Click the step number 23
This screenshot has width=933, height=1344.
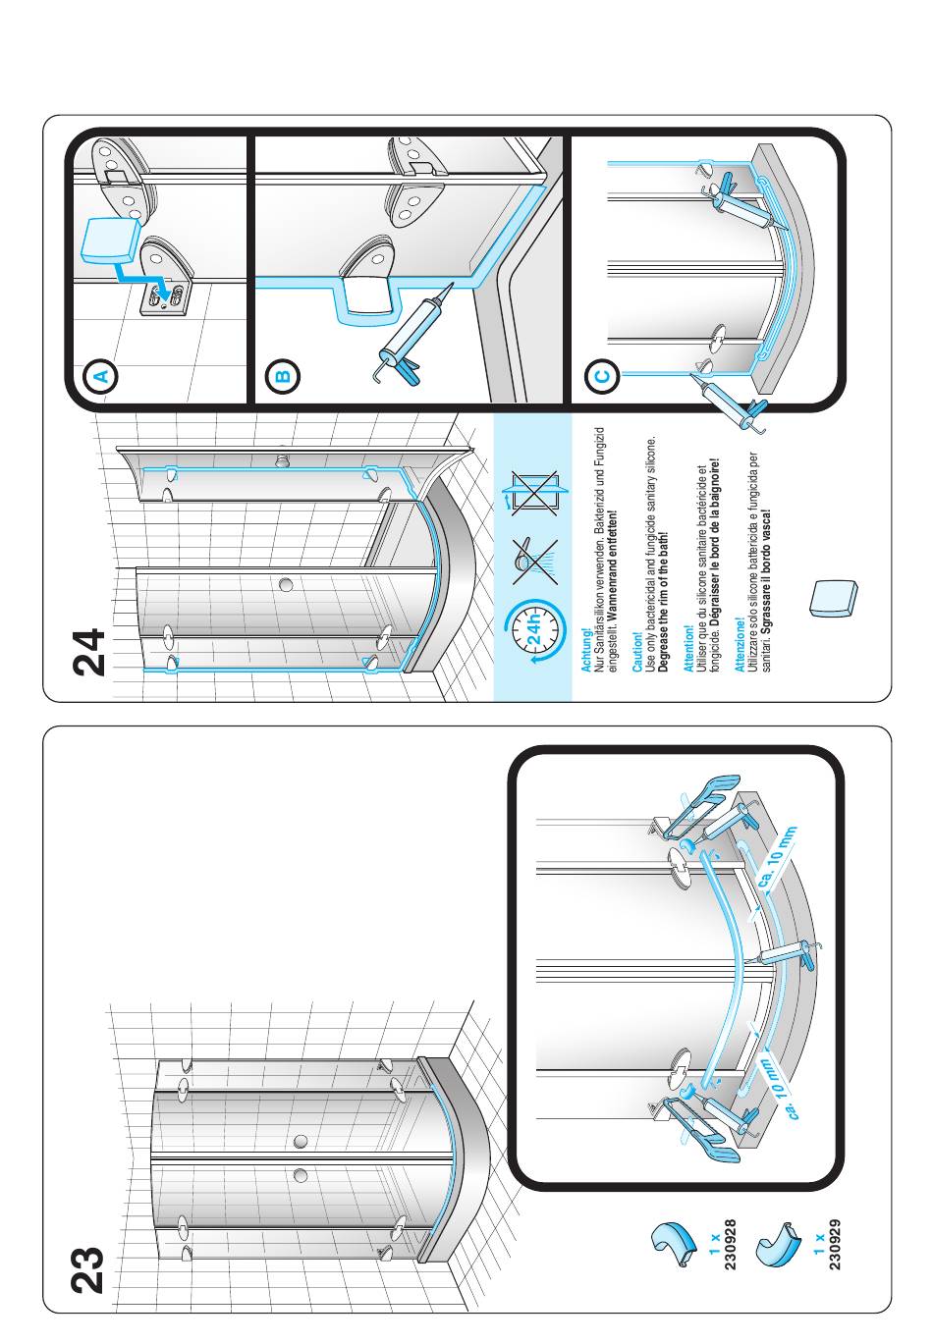[x=90, y=1268]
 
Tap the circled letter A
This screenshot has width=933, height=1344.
[x=102, y=375]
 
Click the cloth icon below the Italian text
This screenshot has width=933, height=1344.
[x=834, y=598]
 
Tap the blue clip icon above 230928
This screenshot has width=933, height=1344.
[x=680, y=1243]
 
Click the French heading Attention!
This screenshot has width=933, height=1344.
[x=688, y=650]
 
